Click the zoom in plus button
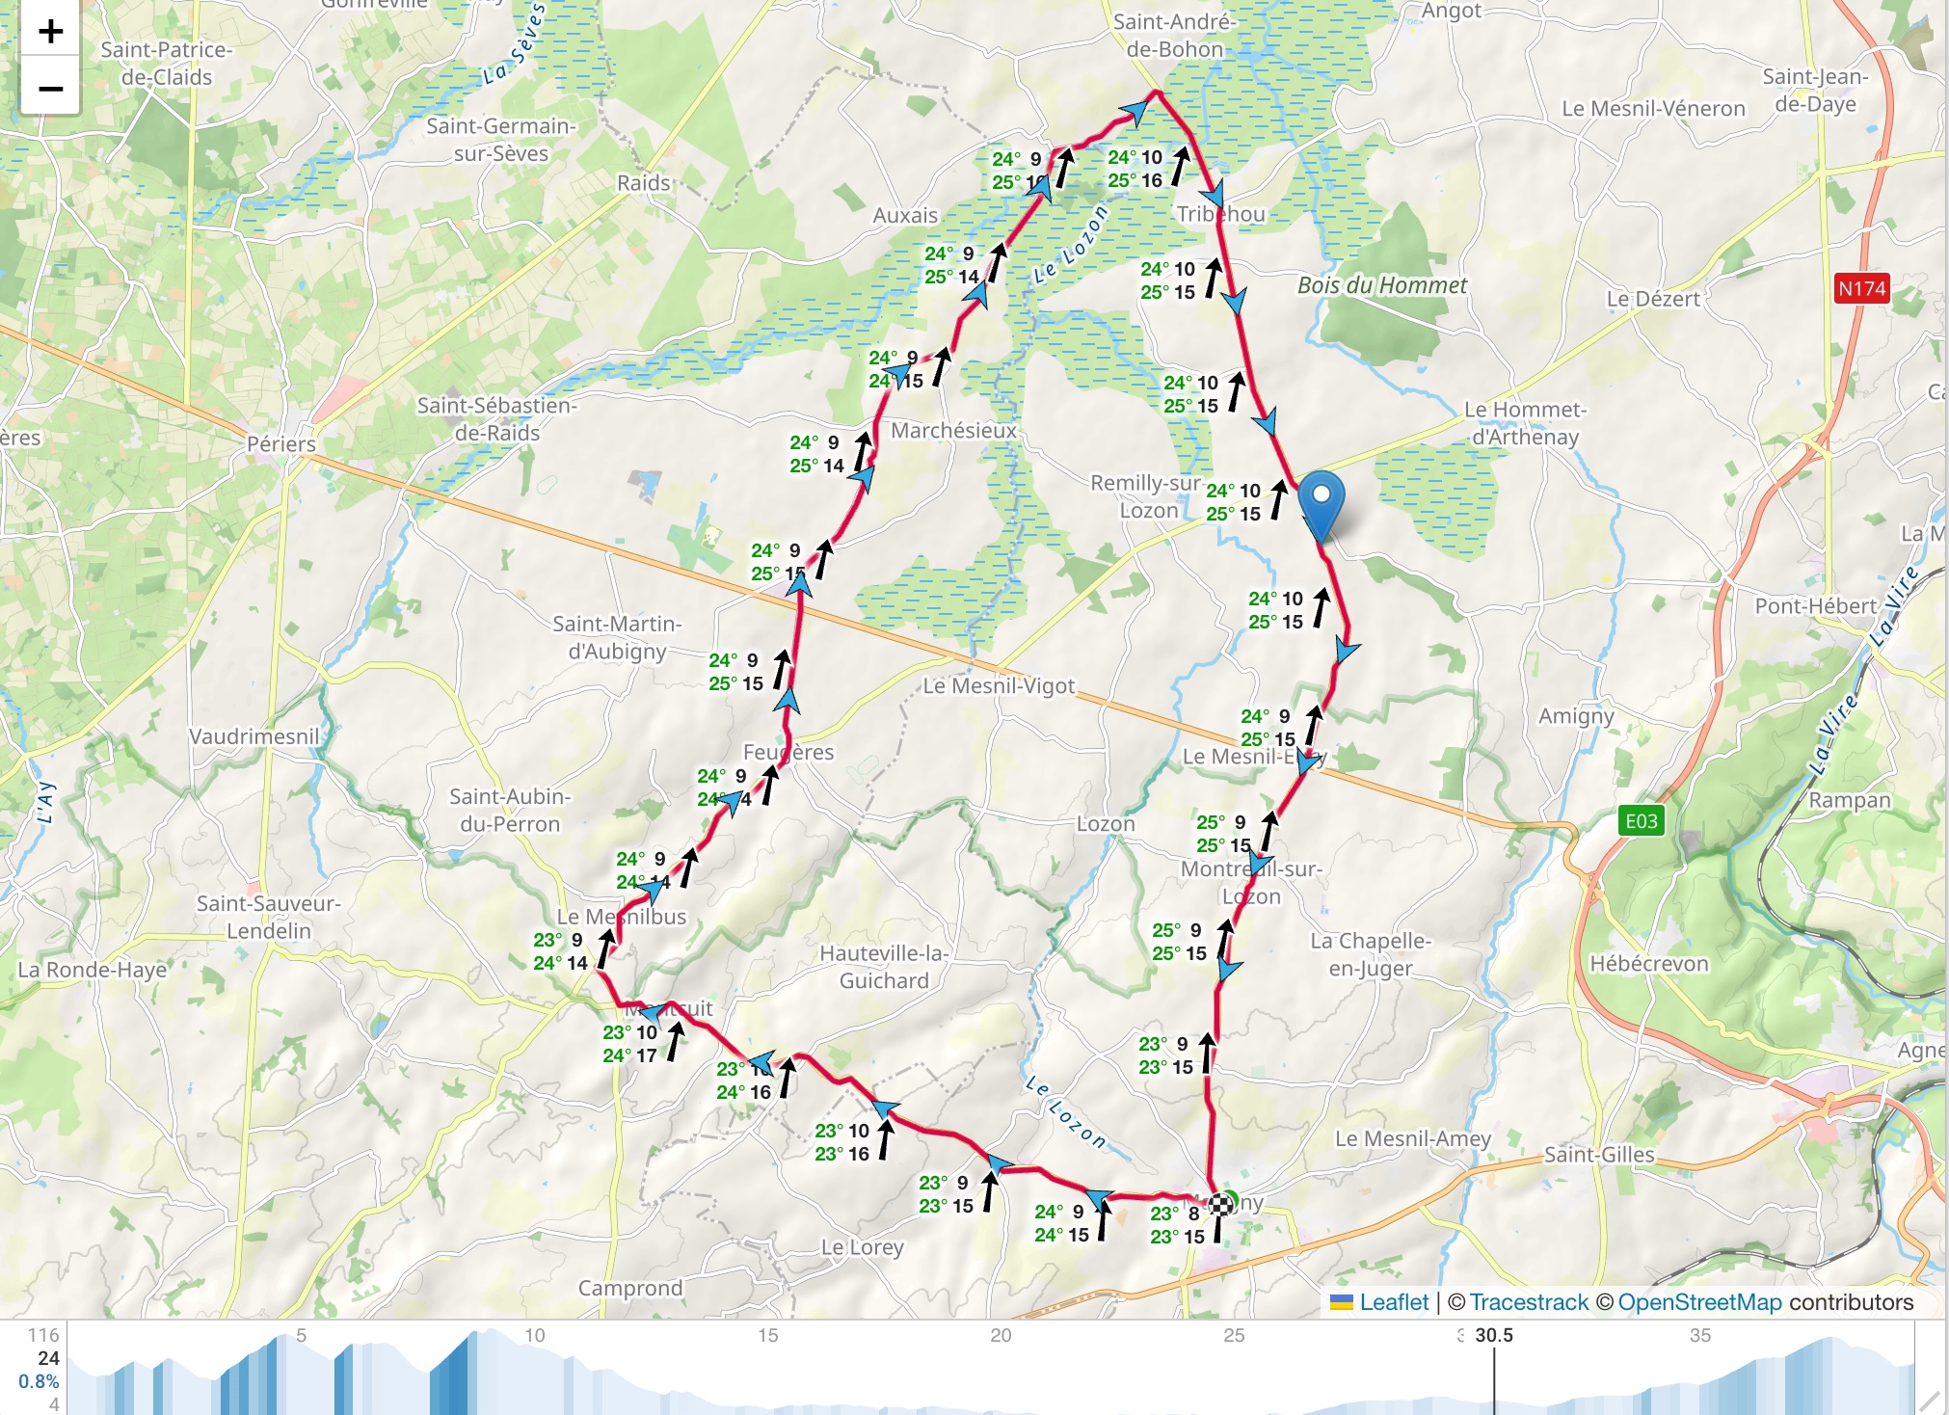click(x=50, y=32)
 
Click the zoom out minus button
click(x=50, y=89)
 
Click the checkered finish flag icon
click(x=1221, y=1203)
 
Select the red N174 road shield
click(x=1861, y=288)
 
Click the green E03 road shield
click(x=1641, y=821)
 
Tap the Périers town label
click(x=281, y=444)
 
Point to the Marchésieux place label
click(x=953, y=431)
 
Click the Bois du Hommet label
click(x=1381, y=285)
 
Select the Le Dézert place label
click(x=1652, y=299)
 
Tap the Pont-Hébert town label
click(x=1815, y=606)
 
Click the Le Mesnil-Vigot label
click(x=999, y=686)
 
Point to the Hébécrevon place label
click(x=1648, y=964)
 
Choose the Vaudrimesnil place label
click(x=254, y=736)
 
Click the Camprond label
click(x=630, y=1288)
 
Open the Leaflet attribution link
click(x=1393, y=1302)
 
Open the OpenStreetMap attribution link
click(x=1699, y=1302)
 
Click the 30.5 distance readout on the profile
click(x=1494, y=1335)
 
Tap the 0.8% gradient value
click(x=39, y=1381)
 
